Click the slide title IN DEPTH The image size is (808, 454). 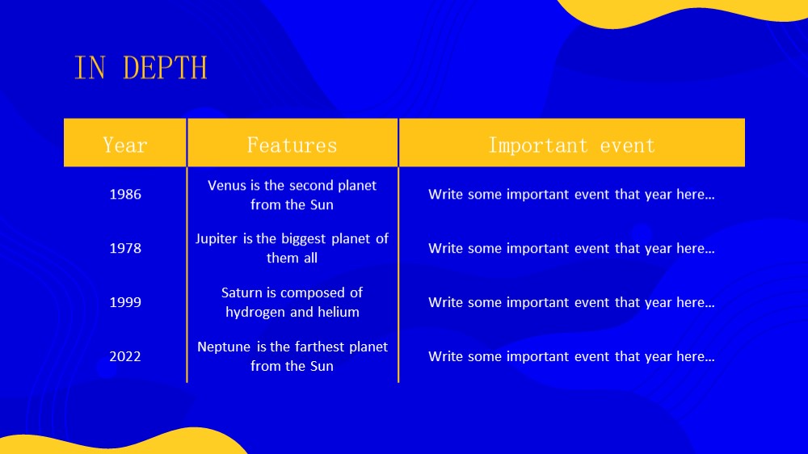pyautogui.click(x=141, y=68)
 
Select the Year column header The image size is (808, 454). pyautogui.click(x=125, y=145)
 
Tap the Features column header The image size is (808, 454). pyautogui.click(x=292, y=145)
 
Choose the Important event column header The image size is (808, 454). pyautogui.click(x=571, y=145)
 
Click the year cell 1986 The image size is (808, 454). pyautogui.click(x=125, y=194)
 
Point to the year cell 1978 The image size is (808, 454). pyautogui.click(x=125, y=248)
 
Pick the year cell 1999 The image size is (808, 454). pyautogui.click(x=125, y=302)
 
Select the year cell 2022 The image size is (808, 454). pyautogui.click(x=125, y=356)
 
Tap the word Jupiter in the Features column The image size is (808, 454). pyautogui.click(x=217, y=239)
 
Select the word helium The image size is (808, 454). pyautogui.click(x=339, y=313)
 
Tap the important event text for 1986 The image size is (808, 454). pyautogui.click(x=571, y=194)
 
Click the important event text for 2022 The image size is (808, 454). pyautogui.click(x=571, y=356)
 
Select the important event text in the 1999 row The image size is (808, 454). pyautogui.click(x=571, y=302)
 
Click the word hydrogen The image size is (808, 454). pyautogui.click(x=255, y=313)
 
